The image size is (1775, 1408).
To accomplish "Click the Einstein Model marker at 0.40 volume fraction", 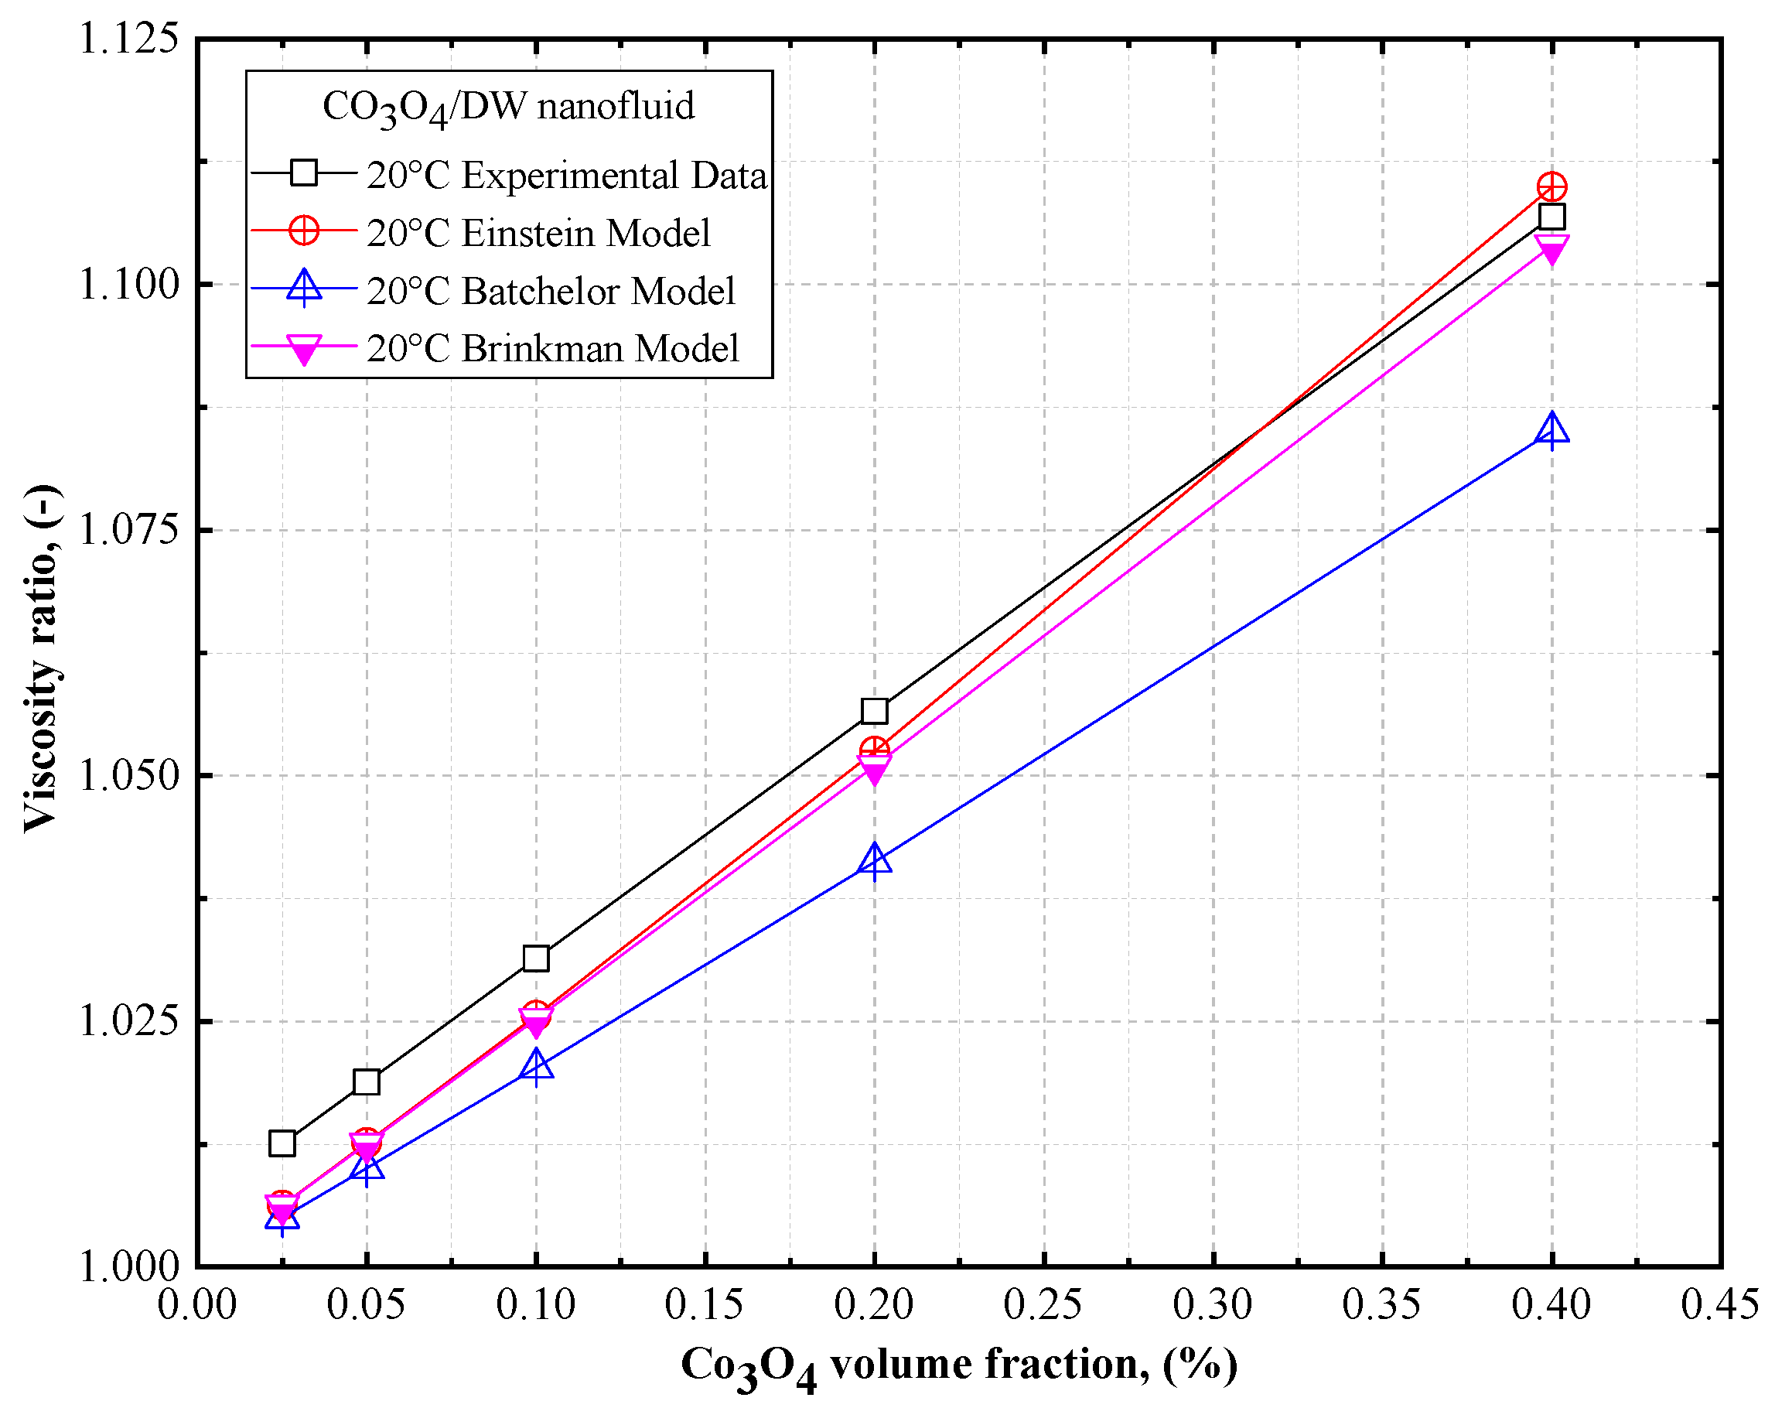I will point(1551,188).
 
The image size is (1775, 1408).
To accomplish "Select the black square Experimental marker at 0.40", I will point(1551,217).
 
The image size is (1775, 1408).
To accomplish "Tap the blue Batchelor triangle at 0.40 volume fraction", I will point(1551,431).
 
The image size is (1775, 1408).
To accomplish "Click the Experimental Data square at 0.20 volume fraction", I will point(873,711).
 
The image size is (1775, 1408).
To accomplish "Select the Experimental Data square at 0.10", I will point(535,959).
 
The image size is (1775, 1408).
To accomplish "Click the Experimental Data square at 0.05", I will point(366,1082).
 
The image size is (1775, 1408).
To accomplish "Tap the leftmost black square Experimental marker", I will point(282,1143).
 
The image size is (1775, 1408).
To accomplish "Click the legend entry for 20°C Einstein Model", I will point(538,233).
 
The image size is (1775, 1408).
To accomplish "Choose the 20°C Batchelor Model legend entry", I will point(550,291).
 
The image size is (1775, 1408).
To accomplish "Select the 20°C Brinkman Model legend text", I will point(552,348).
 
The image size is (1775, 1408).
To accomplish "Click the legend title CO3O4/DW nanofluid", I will point(508,107).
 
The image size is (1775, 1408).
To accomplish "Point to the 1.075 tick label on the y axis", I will point(128,529).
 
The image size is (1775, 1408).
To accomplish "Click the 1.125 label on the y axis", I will point(128,38).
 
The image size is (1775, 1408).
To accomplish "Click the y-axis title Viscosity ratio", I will point(41,658).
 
